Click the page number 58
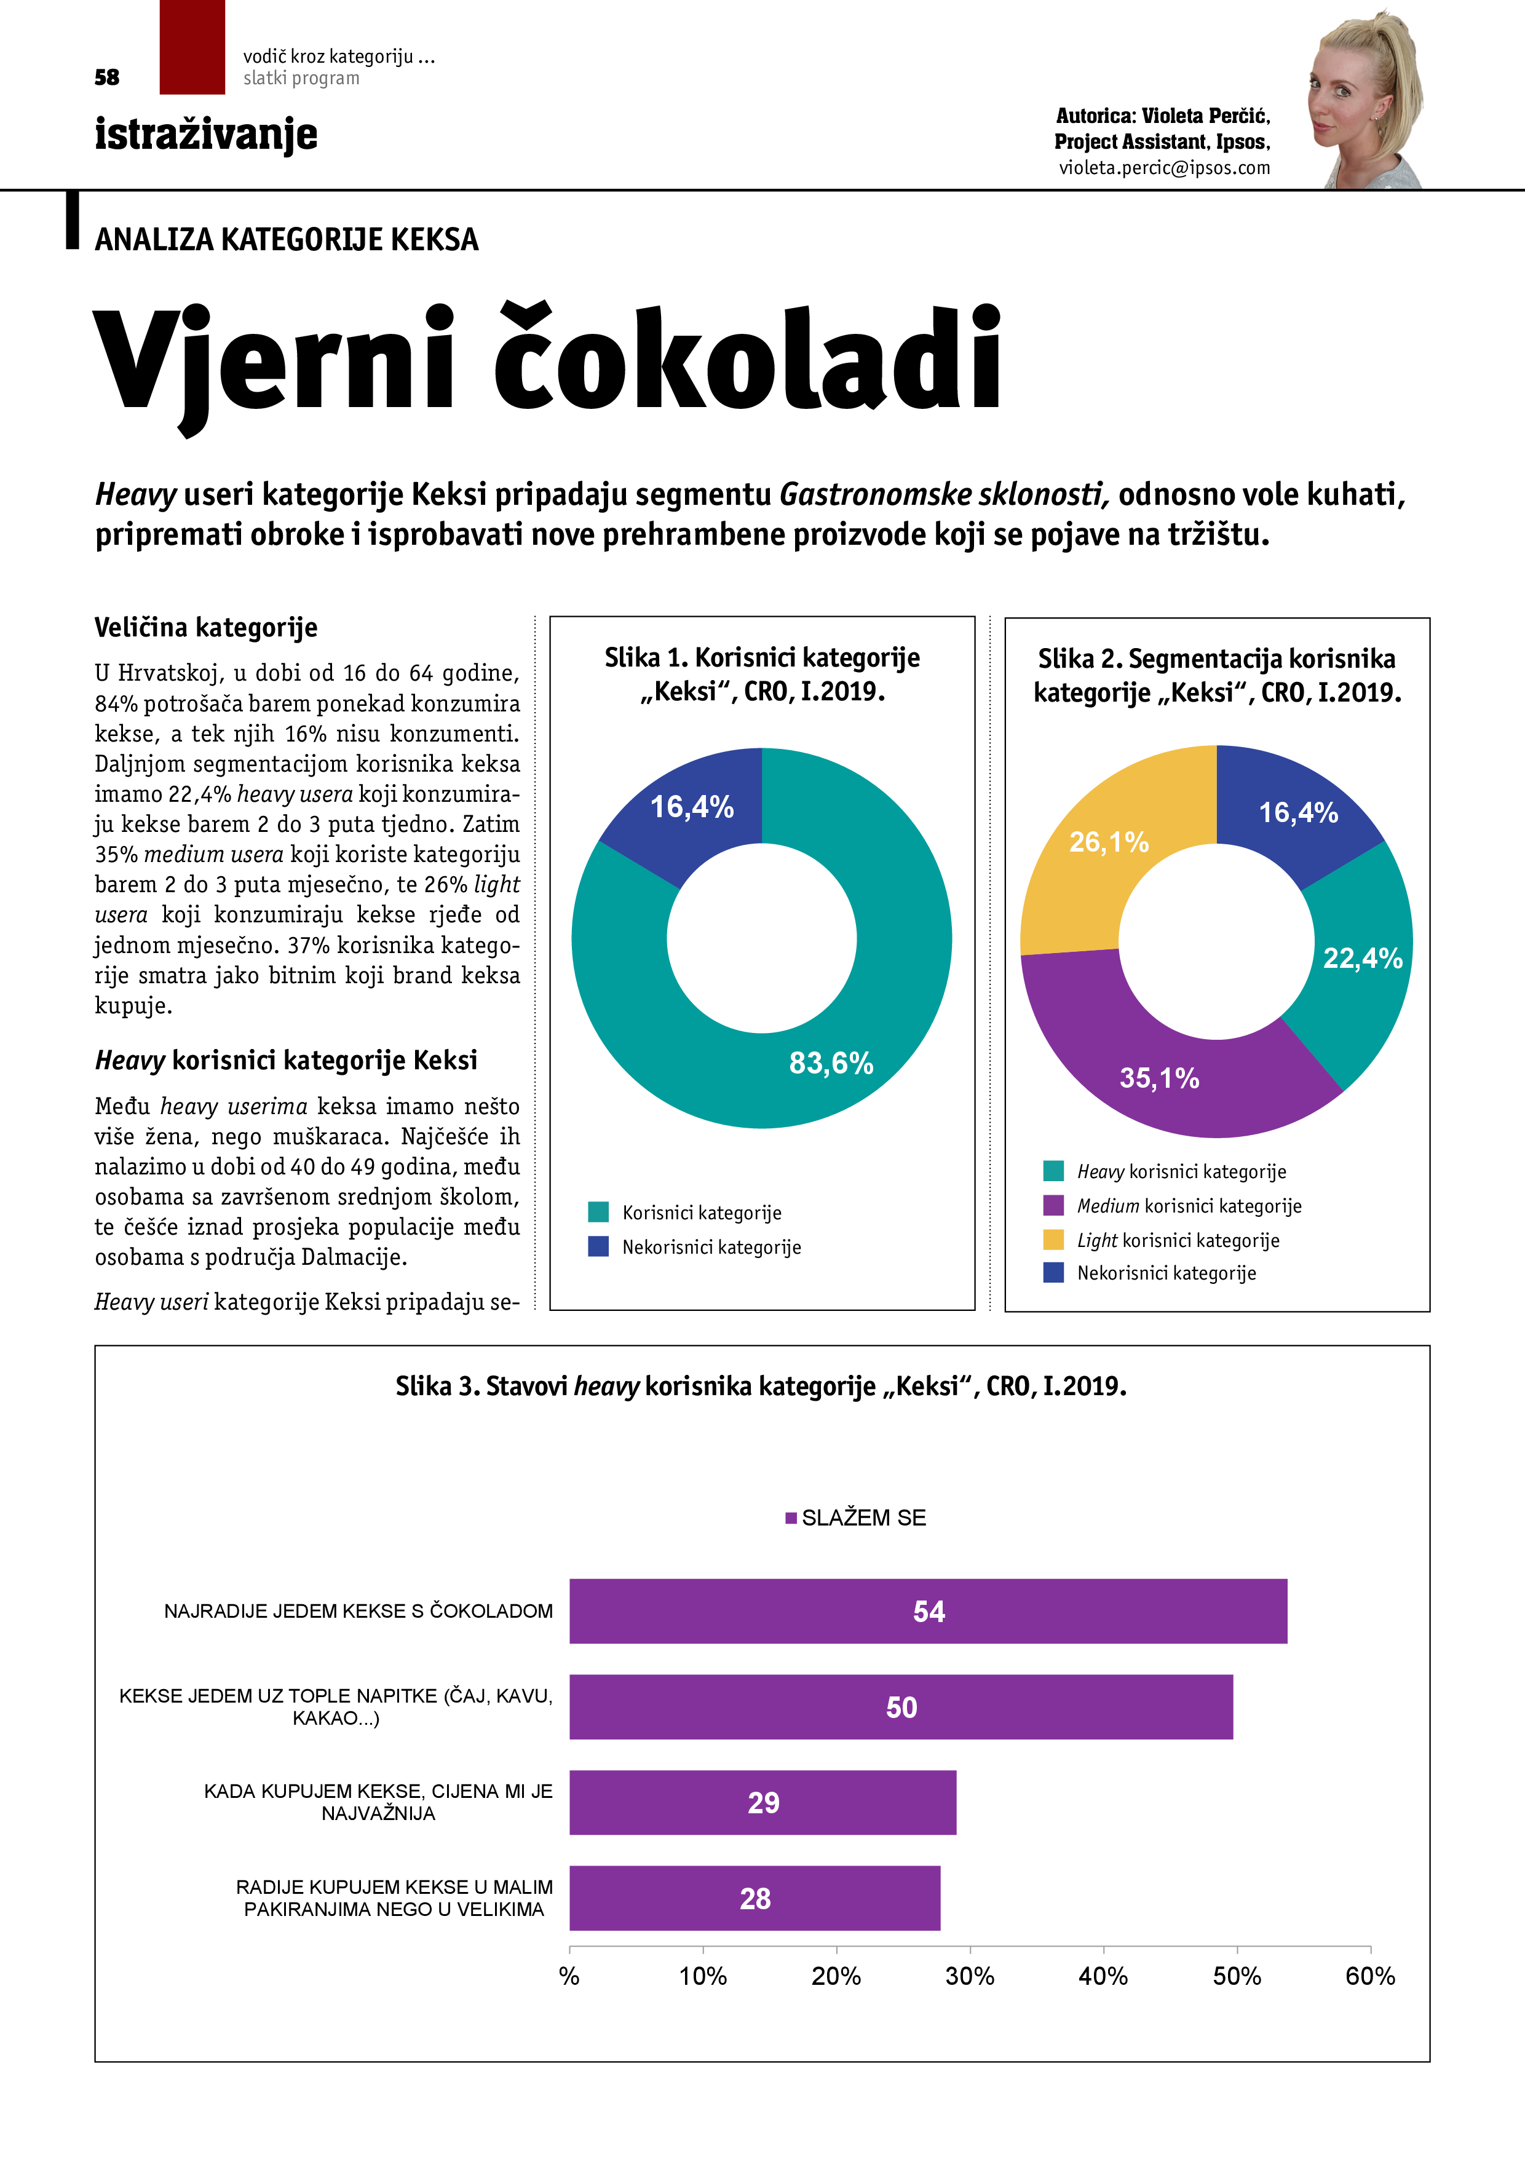click(107, 77)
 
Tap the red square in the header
click(192, 47)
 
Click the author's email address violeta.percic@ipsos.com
click(1164, 168)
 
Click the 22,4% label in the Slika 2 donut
click(1363, 958)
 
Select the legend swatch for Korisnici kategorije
click(598, 1212)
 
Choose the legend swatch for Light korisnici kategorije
click(1053, 1240)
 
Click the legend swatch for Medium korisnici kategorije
click(1053, 1205)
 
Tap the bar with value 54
click(929, 1611)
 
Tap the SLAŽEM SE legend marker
click(791, 1518)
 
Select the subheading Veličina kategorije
click(206, 628)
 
